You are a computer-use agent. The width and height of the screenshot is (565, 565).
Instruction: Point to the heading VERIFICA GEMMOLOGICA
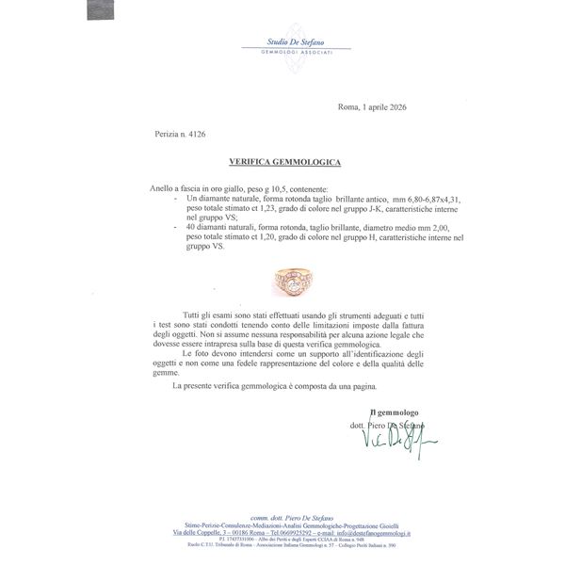tap(282, 162)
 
